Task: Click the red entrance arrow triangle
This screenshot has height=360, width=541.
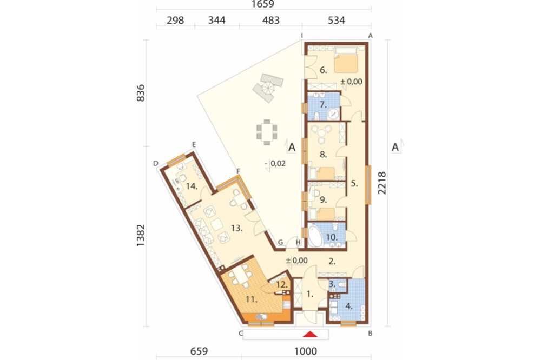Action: pos(312,334)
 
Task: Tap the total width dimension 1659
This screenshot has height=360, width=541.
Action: pos(263,4)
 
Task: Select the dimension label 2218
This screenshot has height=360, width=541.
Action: pos(382,183)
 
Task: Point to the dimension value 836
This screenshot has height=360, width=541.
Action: pos(141,93)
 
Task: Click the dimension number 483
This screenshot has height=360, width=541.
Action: pos(271,21)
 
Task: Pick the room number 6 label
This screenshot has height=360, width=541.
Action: pos(324,70)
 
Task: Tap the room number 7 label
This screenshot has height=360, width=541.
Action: pos(324,105)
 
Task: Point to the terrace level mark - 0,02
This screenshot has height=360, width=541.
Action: pos(275,163)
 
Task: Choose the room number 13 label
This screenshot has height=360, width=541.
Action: pos(237,228)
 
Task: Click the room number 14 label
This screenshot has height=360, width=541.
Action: pos(192,186)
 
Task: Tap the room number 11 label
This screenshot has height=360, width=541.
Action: pos(252,299)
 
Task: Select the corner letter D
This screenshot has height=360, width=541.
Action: pos(156,163)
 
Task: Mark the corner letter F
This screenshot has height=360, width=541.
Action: pos(238,171)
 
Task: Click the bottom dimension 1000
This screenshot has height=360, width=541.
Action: pos(306,351)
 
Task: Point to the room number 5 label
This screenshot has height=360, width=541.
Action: pos(354,184)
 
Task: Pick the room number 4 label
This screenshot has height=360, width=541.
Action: pos(349,306)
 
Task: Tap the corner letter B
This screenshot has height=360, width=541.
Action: pos(370,334)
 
